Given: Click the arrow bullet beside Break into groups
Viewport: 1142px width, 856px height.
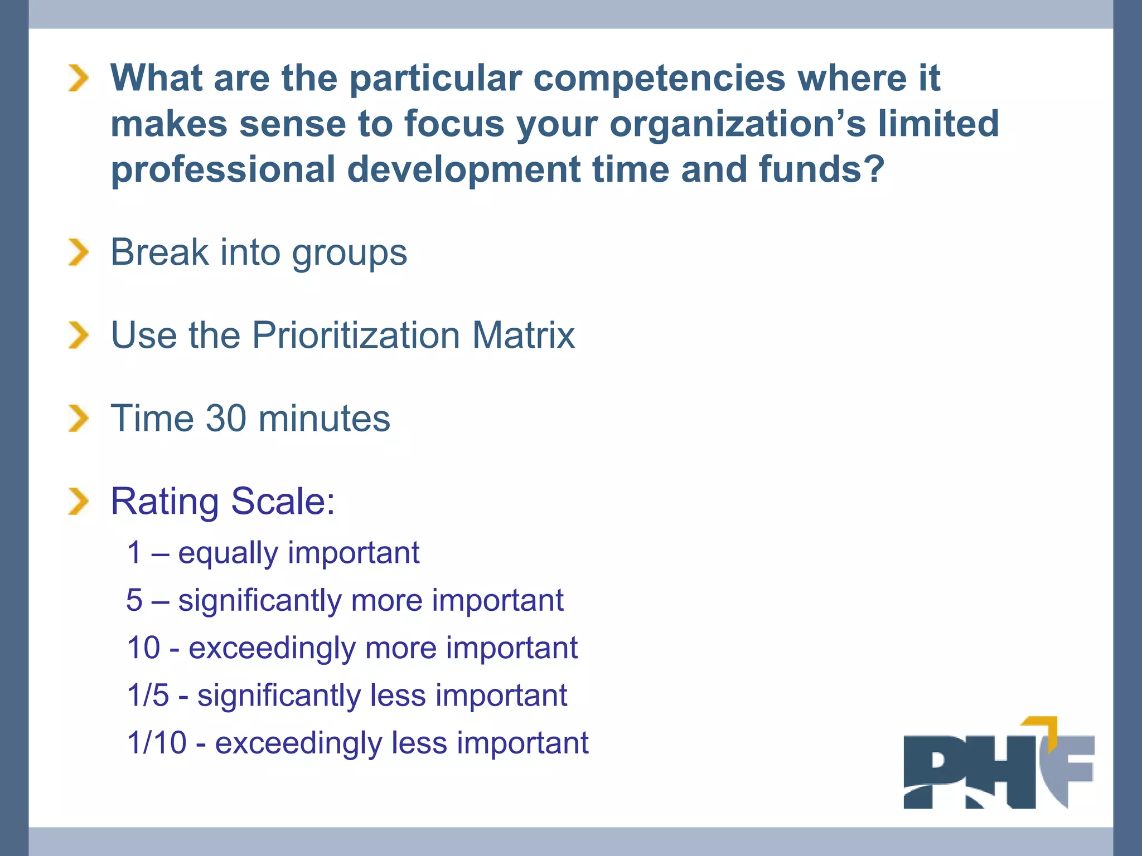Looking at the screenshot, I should tap(79, 252).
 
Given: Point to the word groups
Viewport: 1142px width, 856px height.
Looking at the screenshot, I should tap(350, 254).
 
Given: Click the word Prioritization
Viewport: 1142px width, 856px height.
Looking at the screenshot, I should tap(356, 335).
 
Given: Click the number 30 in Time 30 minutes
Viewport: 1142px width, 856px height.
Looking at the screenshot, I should tap(225, 419).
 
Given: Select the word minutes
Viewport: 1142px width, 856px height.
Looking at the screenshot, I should tap(324, 419).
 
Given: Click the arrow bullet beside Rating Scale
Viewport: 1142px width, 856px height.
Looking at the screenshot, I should tap(79, 501).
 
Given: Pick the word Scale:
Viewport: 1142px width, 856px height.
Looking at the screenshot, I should tap(283, 502).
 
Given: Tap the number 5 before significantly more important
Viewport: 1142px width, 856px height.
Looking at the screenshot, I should tap(134, 601).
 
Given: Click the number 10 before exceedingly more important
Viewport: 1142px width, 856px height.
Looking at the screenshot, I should tap(143, 648).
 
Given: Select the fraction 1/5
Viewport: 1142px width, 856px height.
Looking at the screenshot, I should tap(148, 695).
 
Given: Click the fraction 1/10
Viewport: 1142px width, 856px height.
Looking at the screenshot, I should tap(157, 743).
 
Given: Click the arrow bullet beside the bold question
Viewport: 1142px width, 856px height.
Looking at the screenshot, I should tap(79, 78).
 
